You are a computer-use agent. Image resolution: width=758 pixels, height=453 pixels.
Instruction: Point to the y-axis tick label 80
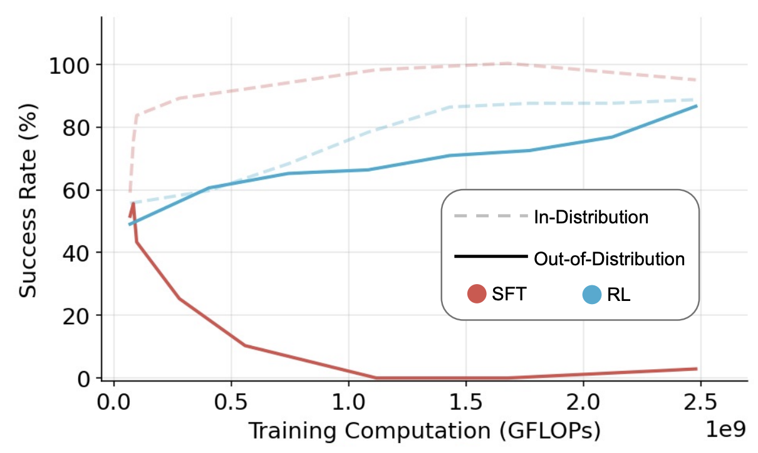coord(75,128)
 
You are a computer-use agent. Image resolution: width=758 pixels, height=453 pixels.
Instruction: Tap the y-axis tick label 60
coord(75,190)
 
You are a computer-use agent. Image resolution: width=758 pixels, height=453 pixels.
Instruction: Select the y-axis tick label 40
coord(75,253)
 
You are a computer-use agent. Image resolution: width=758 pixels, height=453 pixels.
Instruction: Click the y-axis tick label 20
coord(75,315)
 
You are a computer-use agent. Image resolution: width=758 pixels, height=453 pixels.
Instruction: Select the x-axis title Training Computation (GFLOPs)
coord(424,430)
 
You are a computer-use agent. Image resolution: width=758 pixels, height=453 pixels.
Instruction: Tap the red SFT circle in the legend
coord(477,294)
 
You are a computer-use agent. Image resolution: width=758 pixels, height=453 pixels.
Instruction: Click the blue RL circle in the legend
coord(592,294)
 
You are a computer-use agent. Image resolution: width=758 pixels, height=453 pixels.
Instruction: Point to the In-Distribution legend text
coord(591,217)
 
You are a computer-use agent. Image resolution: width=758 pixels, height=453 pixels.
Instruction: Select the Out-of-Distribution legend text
coord(609,258)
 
